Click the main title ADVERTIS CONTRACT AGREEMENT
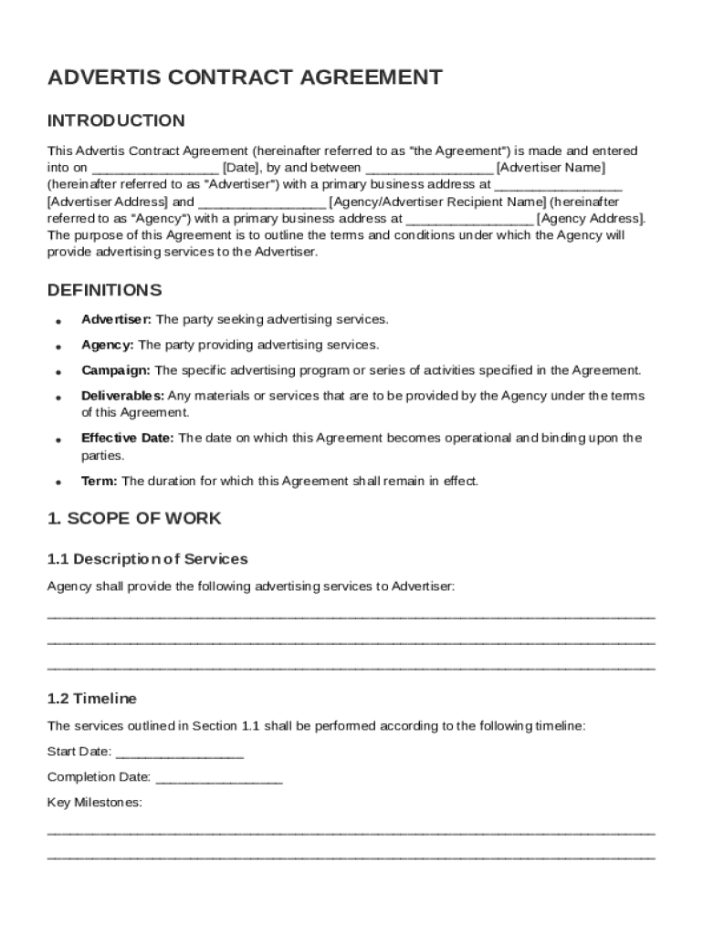coord(245,78)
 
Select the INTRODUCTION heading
coord(116,120)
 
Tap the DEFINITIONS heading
coord(104,290)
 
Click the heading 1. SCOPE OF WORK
coord(134,518)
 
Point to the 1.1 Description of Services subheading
coord(147,558)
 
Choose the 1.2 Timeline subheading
coord(91,699)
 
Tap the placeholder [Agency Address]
coord(591,219)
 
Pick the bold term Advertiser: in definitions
coord(117,319)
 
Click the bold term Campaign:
coord(116,370)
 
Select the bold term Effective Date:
coord(128,438)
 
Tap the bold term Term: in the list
coord(100,481)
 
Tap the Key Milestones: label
coord(94,803)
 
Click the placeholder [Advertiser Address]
coord(107,202)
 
